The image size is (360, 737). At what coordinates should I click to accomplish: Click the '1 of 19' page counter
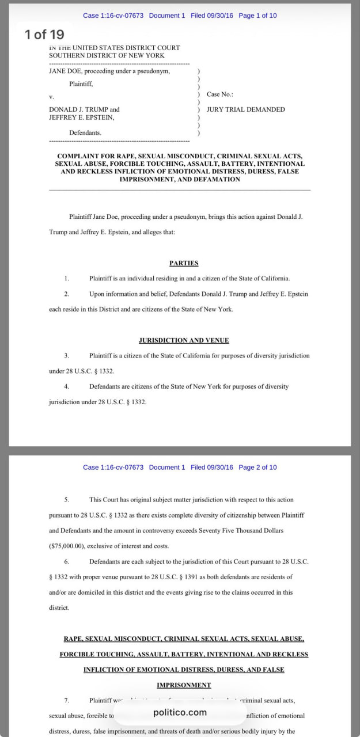tap(44, 35)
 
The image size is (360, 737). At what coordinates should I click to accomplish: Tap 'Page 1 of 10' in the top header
tap(257, 16)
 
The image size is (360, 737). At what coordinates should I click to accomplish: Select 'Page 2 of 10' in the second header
tap(257, 467)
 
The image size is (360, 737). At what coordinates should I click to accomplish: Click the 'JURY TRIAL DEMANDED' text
tap(245, 109)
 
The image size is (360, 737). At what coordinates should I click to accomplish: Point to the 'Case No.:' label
tap(220, 94)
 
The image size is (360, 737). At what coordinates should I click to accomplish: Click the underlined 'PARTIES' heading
tap(184, 263)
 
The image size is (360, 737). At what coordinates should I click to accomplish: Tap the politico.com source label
tap(180, 712)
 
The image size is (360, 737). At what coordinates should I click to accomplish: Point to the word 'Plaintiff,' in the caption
tap(81, 84)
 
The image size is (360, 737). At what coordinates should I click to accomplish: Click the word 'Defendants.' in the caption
tap(85, 132)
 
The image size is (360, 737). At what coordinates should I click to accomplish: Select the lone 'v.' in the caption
tap(51, 97)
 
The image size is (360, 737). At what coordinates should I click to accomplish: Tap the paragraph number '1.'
tap(67, 279)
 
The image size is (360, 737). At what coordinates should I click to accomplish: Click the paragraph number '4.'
tap(67, 386)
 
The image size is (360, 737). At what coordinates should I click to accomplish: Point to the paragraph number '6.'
tap(67, 561)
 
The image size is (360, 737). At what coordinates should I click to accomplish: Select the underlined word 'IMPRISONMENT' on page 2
tap(184, 685)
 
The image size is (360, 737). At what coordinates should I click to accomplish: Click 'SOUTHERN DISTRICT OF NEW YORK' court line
tap(107, 55)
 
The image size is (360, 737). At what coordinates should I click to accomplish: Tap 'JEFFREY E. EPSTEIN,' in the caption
tap(81, 117)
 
